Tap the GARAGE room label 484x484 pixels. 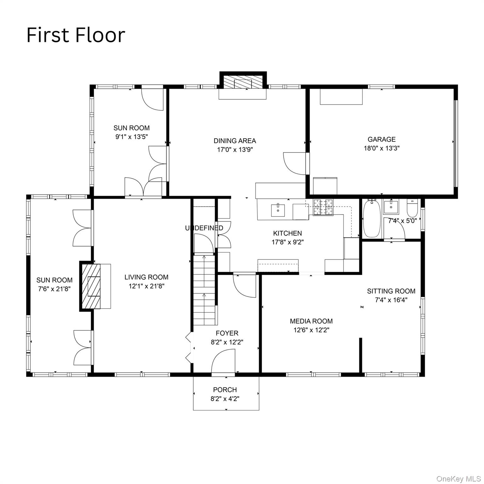[381, 139]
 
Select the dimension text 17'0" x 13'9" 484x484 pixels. [235, 150]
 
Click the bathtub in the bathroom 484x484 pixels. [372, 219]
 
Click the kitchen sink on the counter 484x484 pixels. [278, 210]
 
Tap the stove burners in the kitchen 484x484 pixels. [323, 207]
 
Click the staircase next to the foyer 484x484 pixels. [204, 290]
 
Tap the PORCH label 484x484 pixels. [225, 390]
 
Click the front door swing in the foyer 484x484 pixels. [224, 362]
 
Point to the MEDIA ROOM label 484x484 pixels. [311, 321]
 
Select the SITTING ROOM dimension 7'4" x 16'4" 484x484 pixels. [391, 300]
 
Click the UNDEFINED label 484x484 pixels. [204, 228]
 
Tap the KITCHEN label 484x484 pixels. [287, 233]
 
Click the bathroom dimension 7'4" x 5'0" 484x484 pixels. [402, 221]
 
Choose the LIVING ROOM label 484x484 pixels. [146, 277]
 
